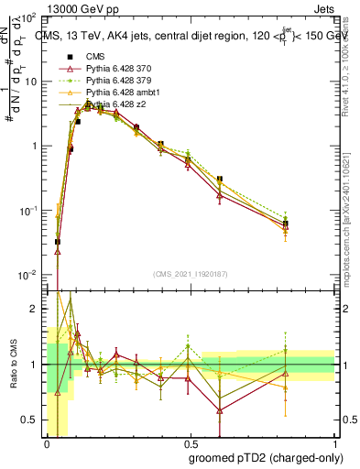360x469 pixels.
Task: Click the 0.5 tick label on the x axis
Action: pos(189,442)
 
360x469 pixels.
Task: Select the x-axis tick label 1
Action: pos(333,442)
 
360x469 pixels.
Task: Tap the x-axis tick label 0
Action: pos(46,442)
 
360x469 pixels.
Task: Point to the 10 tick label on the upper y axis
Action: pos(29,82)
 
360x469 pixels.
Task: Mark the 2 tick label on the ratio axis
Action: pos(35,310)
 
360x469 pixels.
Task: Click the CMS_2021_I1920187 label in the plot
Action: pos(189,273)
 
